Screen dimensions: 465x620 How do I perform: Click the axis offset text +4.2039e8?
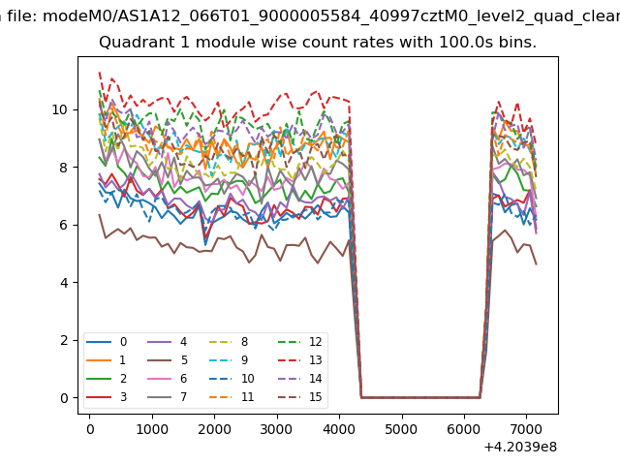[x=519, y=447]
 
